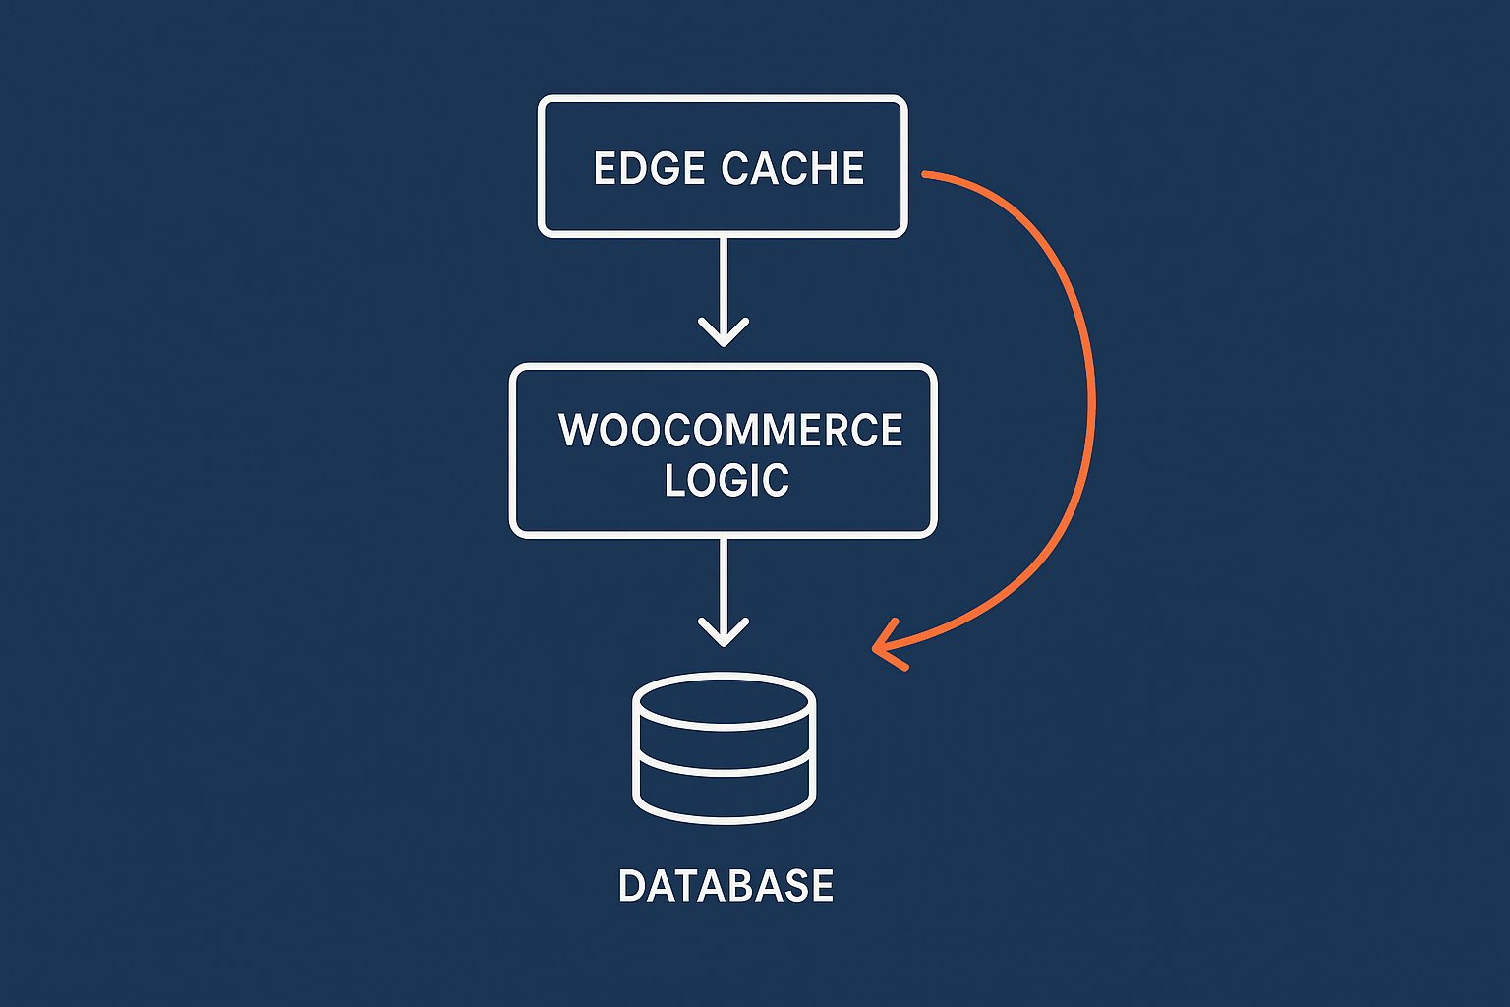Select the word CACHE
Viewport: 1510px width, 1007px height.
(792, 168)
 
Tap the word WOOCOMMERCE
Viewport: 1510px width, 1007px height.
(729, 431)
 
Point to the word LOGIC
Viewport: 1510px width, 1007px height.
(726, 481)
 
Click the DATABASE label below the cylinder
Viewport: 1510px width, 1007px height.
(726, 886)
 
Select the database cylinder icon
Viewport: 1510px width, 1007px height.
(725, 747)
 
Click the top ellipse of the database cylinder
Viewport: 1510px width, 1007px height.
(725, 701)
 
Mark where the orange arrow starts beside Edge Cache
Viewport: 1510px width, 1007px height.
(926, 174)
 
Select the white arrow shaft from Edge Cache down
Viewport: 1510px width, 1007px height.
(724, 280)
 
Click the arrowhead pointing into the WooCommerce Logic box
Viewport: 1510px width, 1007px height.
(724, 334)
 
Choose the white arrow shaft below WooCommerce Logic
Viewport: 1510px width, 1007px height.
(724, 580)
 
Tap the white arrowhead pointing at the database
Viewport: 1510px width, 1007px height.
(724, 634)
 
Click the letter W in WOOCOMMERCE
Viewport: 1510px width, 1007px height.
(578, 431)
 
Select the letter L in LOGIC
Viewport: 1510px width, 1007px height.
(675, 481)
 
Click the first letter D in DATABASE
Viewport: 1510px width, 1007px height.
(631, 886)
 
